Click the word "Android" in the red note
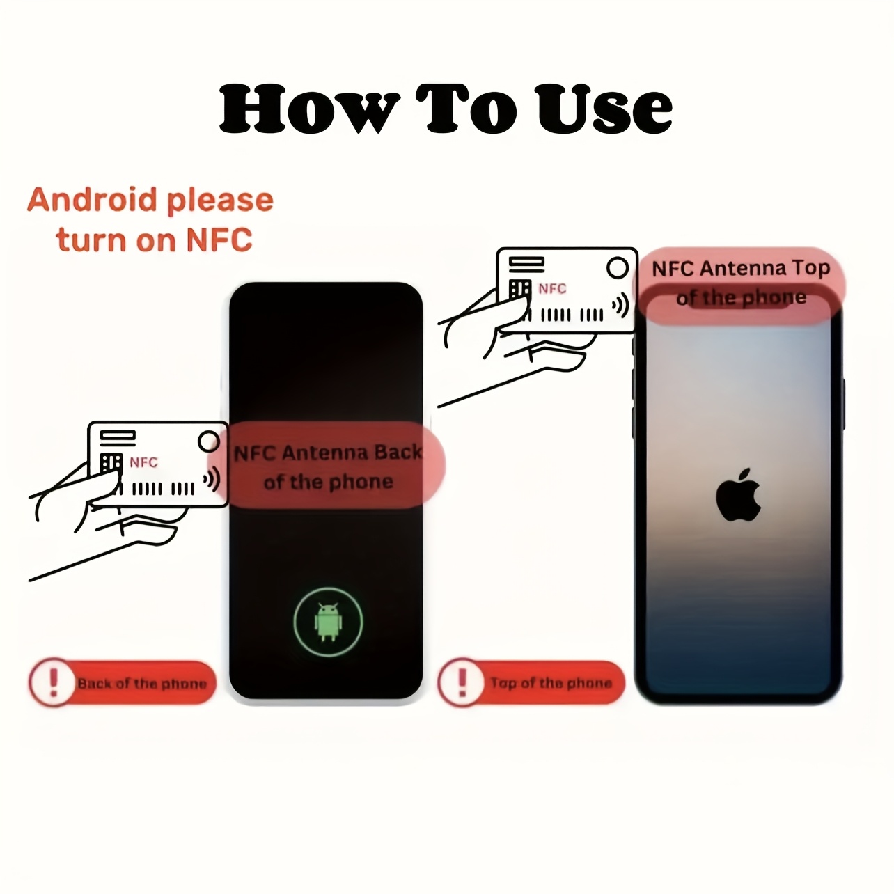(x=92, y=200)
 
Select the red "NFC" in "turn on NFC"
(x=219, y=240)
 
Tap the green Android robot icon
(x=328, y=622)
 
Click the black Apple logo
(x=737, y=495)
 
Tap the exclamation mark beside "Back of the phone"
(x=54, y=682)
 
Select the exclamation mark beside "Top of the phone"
(x=462, y=682)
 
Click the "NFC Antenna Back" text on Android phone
(x=329, y=453)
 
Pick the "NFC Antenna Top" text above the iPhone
(x=741, y=269)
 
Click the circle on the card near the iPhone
(x=618, y=267)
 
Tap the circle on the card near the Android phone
(x=209, y=441)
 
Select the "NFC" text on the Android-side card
(x=143, y=462)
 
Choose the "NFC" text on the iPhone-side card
(x=552, y=288)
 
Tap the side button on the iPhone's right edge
(x=843, y=404)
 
